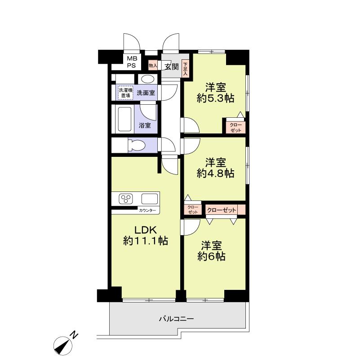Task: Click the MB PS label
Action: [x=131, y=62]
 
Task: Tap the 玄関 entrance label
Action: [x=171, y=67]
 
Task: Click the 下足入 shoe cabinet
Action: [x=185, y=68]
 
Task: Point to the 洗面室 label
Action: [x=146, y=93]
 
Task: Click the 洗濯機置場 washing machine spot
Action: [x=125, y=93]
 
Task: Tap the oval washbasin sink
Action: [x=147, y=79]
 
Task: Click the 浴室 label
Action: [x=145, y=126]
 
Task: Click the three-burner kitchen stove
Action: [x=127, y=198]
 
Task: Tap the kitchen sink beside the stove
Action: [x=150, y=198]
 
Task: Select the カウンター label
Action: [x=147, y=210]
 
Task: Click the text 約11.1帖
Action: [x=146, y=241]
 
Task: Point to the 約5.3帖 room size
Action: [x=215, y=99]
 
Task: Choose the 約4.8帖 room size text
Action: [x=215, y=173]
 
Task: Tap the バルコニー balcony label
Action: [x=176, y=319]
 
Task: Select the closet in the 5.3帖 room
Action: [x=235, y=127]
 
